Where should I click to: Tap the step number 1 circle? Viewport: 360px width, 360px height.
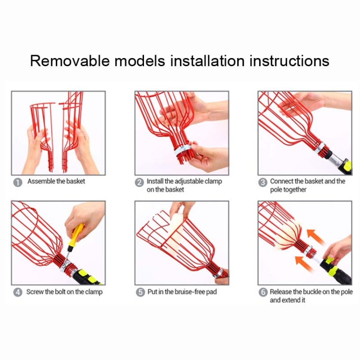click(17, 182)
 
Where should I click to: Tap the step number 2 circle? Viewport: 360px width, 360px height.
click(140, 182)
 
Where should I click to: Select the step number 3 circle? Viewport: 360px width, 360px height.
click(263, 182)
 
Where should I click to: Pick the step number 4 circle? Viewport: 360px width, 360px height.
click(17, 292)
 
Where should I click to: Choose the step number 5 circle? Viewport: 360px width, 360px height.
click(140, 292)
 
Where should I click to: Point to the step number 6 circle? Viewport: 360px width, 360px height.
click(263, 292)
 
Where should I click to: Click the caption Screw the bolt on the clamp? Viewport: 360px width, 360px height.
click(64, 292)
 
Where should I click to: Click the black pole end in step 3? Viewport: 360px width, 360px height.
click(345, 166)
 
